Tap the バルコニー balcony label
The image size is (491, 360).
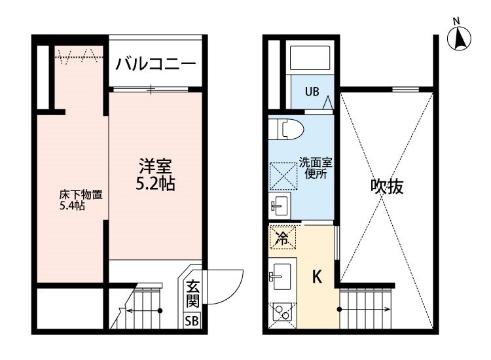click(155, 64)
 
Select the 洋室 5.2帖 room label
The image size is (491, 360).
click(155, 175)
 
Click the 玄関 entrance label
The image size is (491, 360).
click(192, 293)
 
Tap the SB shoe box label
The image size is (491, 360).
click(192, 321)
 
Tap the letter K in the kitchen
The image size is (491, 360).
click(316, 277)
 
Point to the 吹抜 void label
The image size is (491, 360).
click(387, 187)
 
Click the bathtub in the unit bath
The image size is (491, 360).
click(312, 58)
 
